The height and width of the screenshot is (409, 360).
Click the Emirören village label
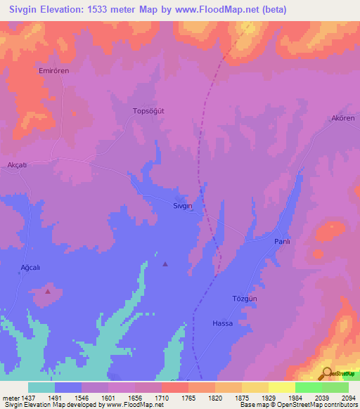(x=53, y=71)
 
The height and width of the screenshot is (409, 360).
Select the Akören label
(x=344, y=118)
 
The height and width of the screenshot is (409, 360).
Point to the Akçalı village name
(x=16, y=164)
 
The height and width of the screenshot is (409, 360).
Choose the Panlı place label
(x=282, y=241)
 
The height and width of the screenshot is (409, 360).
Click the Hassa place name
(x=222, y=323)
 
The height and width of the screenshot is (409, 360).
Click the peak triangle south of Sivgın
(x=165, y=264)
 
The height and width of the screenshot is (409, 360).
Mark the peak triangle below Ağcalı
(x=48, y=290)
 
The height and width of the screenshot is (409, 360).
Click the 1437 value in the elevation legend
(x=27, y=397)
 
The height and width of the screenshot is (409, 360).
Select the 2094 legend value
(x=349, y=397)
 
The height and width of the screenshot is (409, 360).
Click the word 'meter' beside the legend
(x=9, y=397)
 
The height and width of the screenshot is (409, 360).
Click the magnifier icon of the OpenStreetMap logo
(x=326, y=373)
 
